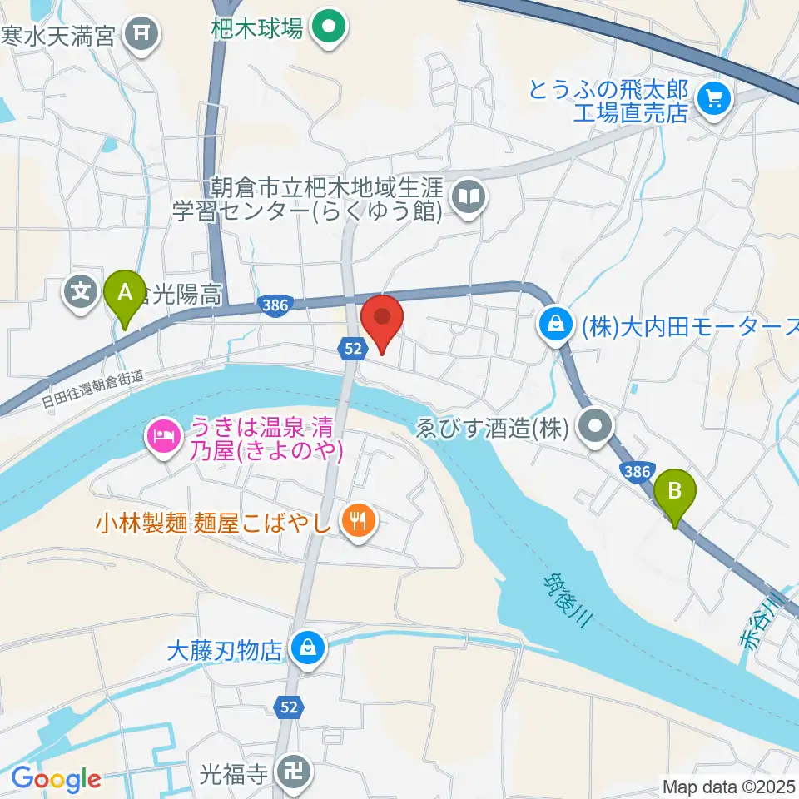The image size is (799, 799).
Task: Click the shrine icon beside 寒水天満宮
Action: (141, 33)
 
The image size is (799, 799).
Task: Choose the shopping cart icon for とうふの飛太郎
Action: (713, 100)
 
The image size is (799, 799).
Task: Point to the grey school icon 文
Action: (81, 292)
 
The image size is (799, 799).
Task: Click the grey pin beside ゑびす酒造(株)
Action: (596, 429)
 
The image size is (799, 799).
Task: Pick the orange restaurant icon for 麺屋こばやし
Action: (360, 522)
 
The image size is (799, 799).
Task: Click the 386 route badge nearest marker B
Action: (636, 472)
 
